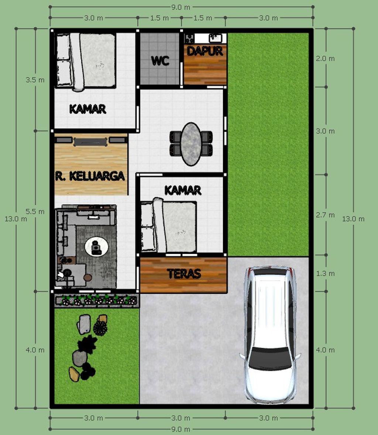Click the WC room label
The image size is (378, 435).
[x=160, y=61]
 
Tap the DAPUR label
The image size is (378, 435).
[x=205, y=51]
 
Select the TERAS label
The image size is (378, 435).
[x=184, y=274]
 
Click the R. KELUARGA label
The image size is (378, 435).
[x=90, y=176]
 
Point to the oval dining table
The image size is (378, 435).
[x=191, y=144]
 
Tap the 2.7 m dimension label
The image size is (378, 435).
[x=325, y=215]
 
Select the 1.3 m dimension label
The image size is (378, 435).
[x=325, y=274]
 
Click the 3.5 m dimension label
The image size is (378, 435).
[x=35, y=80]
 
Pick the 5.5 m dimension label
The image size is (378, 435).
[x=35, y=211]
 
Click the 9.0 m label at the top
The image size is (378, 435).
[x=181, y=7]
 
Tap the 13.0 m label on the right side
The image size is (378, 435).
[x=353, y=219]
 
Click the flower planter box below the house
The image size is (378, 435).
[x=96, y=301]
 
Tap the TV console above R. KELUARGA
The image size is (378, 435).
[x=90, y=141]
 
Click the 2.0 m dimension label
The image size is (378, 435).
[x=325, y=59]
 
